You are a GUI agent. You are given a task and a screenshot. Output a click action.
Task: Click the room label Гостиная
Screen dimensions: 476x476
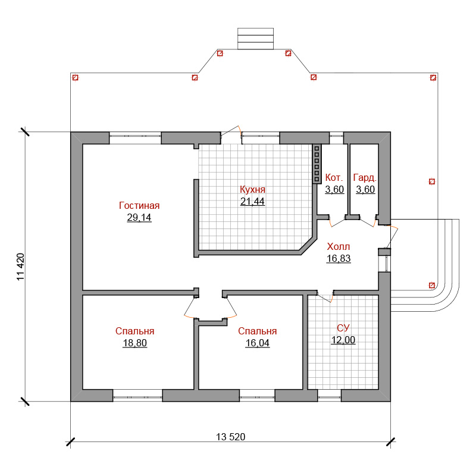139,205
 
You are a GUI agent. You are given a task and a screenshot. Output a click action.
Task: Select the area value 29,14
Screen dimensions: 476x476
139,217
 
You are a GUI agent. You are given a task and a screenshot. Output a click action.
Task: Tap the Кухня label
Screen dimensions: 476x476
252,189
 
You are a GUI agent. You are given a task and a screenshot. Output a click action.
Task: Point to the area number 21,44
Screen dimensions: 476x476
252,201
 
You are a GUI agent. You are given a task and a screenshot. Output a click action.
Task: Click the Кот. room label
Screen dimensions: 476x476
334,177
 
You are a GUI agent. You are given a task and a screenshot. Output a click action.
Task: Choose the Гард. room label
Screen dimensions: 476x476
365,177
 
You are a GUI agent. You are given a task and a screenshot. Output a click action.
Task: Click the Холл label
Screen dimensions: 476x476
339,246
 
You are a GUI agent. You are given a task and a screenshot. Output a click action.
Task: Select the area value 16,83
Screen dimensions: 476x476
339,258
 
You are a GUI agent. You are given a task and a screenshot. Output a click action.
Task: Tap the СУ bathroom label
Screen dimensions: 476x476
343,328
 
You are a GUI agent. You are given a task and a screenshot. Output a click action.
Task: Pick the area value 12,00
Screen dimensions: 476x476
343,340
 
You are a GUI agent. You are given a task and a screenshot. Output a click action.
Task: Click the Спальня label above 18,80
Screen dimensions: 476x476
135,331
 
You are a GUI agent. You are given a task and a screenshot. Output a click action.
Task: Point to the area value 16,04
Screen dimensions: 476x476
258,343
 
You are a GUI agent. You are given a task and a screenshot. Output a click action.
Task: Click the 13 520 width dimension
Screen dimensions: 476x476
231,437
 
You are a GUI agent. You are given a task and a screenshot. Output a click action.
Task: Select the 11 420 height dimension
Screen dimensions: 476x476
20,267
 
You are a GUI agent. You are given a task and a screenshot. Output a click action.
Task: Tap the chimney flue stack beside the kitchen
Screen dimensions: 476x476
317,164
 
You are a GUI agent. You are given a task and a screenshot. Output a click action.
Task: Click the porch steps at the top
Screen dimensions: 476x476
256,39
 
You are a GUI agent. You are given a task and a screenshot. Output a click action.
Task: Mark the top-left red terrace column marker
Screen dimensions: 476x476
76,78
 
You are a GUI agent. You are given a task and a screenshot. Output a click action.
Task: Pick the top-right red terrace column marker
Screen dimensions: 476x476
433,78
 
